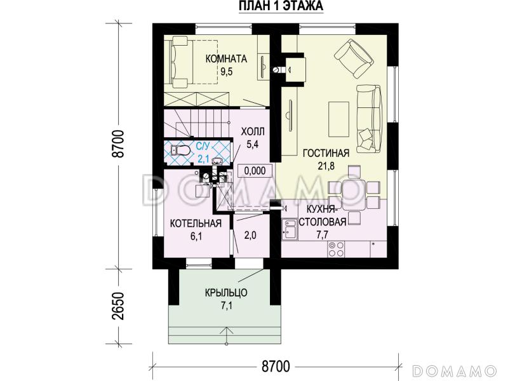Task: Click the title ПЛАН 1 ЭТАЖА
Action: [x=281, y=6]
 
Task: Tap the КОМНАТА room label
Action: [x=226, y=58]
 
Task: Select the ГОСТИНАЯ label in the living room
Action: [x=326, y=153]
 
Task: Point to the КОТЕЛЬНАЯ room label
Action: [x=196, y=224]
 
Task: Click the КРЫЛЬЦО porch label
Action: [x=226, y=293]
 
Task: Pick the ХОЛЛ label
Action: [x=253, y=131]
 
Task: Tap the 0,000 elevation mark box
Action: [x=255, y=170]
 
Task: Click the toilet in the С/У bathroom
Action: [x=180, y=150]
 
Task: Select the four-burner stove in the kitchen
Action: [x=336, y=249]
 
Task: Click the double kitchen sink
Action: [x=290, y=229]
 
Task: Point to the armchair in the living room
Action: [x=354, y=58]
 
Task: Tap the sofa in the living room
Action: [x=369, y=118]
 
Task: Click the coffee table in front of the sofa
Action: [x=338, y=119]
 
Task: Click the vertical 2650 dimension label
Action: [x=119, y=306]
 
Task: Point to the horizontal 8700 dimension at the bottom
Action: [x=275, y=367]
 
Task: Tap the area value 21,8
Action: [x=326, y=166]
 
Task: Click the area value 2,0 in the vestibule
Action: [x=250, y=235]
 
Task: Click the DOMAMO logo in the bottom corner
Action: [x=455, y=370]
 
